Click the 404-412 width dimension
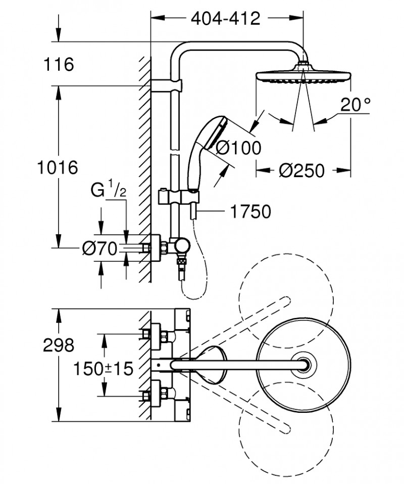pos(225,19)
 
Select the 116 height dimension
pos(59,65)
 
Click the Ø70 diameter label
pos(99,248)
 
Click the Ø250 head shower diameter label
pos(301,171)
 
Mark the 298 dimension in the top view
pos(59,346)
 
